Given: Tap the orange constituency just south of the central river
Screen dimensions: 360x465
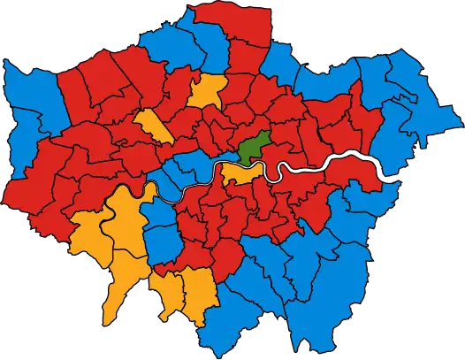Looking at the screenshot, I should pyautogui.click(x=240, y=172).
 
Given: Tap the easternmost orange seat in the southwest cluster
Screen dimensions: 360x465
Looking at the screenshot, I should pyautogui.click(x=199, y=287).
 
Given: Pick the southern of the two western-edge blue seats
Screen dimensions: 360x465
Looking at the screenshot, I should pyautogui.click(x=27, y=181).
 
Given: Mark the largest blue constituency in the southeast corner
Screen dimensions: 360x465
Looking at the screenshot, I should pyautogui.click(x=336, y=292).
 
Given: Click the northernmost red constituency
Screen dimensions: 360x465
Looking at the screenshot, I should pyautogui.click(x=212, y=27).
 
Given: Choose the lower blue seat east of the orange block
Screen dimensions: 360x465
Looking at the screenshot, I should pyautogui.click(x=164, y=239).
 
